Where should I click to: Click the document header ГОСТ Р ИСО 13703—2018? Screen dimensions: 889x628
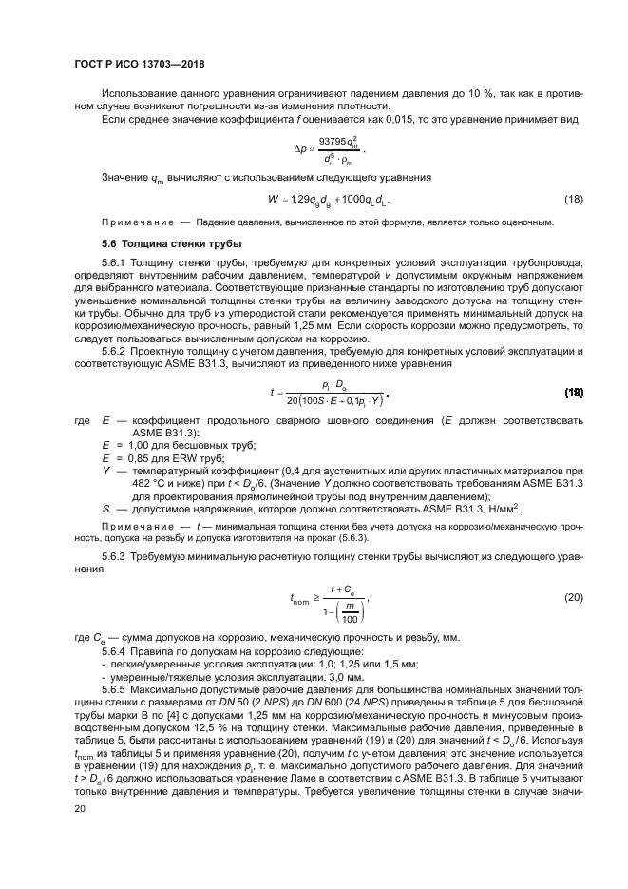tap(140, 64)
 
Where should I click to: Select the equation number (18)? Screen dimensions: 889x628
tap(573, 198)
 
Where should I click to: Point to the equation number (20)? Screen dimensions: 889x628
tap(573, 598)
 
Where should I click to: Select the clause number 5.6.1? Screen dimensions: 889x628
tap(116, 262)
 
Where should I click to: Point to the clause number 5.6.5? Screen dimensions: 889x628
tap(116, 686)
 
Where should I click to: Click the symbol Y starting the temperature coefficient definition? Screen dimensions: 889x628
tap(105, 471)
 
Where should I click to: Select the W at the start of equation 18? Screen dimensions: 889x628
tap(274, 198)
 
